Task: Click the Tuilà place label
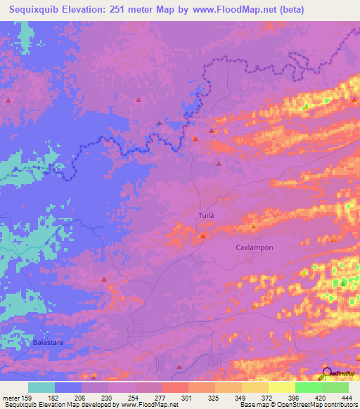click(206, 215)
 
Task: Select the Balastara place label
click(47, 342)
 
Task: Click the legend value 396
click(295, 398)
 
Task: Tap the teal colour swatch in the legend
click(41, 387)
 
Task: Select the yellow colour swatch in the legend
click(281, 387)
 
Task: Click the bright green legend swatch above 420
click(308, 387)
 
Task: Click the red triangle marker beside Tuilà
click(202, 236)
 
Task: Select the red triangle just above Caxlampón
click(253, 226)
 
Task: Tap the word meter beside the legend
click(11, 398)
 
